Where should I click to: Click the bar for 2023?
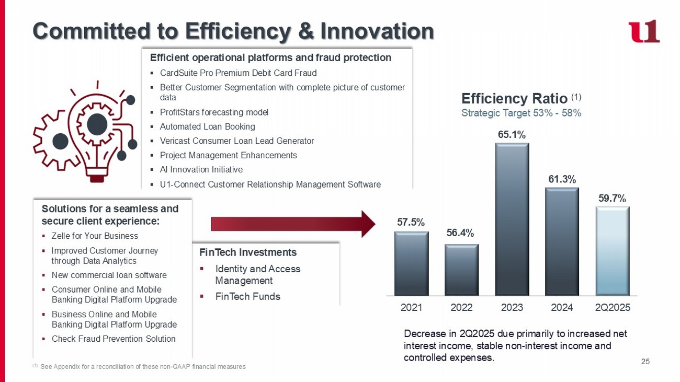point(512,219)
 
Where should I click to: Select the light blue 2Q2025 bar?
point(612,251)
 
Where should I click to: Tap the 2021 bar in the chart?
point(411,263)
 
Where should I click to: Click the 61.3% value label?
point(562,179)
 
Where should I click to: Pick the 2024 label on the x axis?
point(562,308)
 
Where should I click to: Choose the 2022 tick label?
point(461,308)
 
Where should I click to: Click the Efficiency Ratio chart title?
point(515,98)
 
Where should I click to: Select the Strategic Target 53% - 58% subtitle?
point(521,113)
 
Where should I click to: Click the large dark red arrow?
point(293,224)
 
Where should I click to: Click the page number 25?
point(645,362)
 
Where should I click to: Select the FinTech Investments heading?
point(248,252)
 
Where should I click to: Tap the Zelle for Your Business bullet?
point(95,236)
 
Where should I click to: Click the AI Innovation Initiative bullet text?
point(201,170)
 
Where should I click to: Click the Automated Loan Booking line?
point(207,126)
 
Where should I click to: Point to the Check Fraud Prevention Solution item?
point(114,339)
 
